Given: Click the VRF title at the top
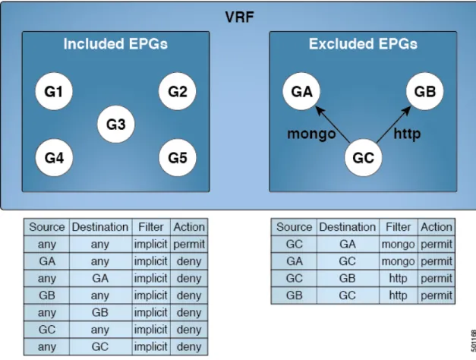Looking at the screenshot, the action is coord(239,17).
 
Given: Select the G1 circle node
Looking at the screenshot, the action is coord(54,91).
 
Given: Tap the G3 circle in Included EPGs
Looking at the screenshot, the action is coord(116,125).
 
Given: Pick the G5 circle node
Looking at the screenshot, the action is coord(178,158).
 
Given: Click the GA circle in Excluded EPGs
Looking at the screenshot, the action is coord(301,91).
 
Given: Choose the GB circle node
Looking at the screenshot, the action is coord(424,91).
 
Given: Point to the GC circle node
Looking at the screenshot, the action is coord(363,158).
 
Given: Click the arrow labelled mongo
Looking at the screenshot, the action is coord(333,124).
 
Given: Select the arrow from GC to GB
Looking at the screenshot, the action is coord(394,124).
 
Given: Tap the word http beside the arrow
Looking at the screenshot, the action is coord(407,134).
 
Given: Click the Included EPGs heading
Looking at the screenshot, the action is coord(115,44).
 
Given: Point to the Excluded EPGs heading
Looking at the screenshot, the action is coord(363,44).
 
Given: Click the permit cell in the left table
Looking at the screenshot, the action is coord(189,245).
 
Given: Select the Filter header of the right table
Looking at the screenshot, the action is coord(398,227).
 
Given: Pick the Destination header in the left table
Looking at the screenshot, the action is coord(100,227).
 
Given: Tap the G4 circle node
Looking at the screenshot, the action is coord(54,158).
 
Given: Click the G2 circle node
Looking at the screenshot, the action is coord(178,91).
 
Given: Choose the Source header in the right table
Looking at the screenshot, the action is coord(294,227).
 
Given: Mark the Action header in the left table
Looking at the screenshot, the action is coord(189,227).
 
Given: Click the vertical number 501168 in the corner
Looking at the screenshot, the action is coord(473,340).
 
